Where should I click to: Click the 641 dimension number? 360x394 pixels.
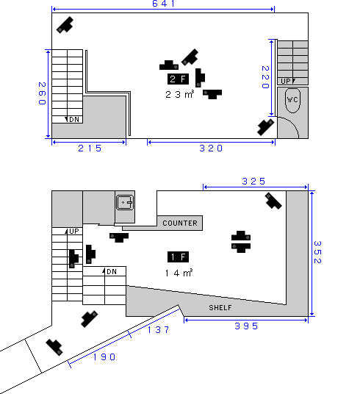coord(163,4)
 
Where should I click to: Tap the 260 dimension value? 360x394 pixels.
coord(42,93)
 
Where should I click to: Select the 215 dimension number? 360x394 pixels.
coord(90,148)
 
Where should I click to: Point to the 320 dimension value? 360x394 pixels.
coord(211,148)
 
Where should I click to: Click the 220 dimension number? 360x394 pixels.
coord(265,77)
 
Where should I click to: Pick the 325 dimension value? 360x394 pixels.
coord(253,181)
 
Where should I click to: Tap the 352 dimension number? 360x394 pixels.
coord(317,252)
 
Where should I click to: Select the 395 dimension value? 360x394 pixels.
coord(246,326)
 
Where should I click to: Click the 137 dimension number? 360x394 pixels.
coord(159,329)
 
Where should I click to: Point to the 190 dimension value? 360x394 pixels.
coord(104,357)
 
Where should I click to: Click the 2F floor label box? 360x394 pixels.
coord(178,79)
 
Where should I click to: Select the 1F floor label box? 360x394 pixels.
coord(178,257)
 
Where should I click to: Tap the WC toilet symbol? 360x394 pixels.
coord(292,100)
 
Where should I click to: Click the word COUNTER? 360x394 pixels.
coord(180,223)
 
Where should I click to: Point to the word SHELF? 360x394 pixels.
coord(220,307)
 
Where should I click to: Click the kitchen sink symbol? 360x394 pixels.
coord(125,203)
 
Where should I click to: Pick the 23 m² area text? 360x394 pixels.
coord(180,94)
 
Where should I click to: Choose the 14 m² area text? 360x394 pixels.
coord(179,273)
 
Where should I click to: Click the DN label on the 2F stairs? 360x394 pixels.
coord(74,119)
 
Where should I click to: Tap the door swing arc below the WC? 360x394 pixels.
coord(292,123)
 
